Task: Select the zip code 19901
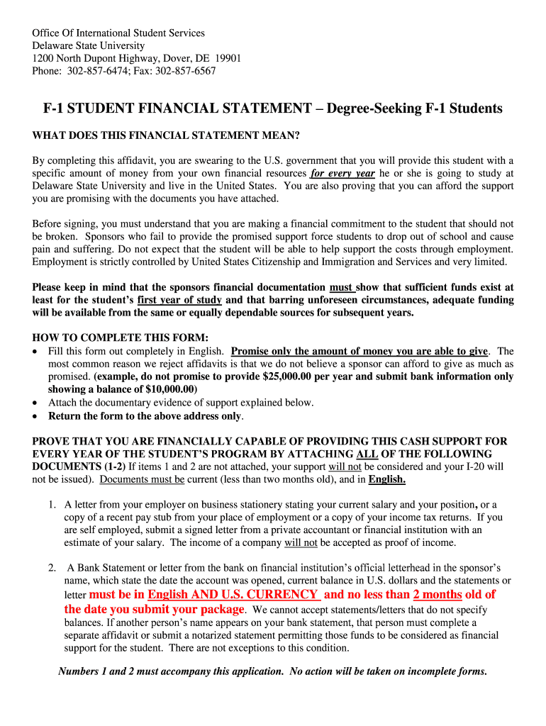[x=226, y=58]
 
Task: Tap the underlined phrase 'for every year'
[x=342, y=173]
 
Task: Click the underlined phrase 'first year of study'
[x=180, y=299]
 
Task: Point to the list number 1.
[x=52, y=505]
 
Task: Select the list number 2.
[x=52, y=567]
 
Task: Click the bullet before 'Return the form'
[x=36, y=416]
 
